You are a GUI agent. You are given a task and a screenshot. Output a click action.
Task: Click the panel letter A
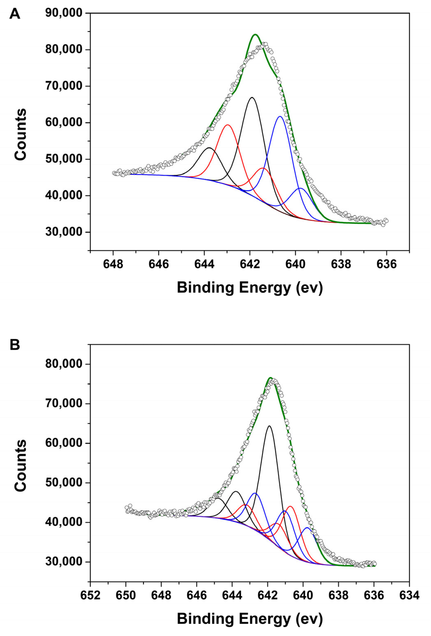(15, 14)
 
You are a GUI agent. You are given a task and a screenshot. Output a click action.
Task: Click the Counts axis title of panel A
(21, 134)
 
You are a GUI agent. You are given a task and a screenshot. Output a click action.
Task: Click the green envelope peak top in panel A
(255, 35)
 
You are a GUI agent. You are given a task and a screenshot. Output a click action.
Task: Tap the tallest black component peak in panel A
(252, 97)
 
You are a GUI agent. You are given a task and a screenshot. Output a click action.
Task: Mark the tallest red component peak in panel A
(228, 125)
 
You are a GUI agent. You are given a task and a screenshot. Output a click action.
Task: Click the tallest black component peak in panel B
(269, 433)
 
